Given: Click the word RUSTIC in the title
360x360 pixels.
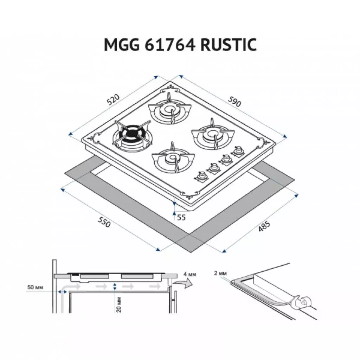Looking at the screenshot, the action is pos(229,45).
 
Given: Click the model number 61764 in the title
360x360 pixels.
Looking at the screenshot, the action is pos(170,45).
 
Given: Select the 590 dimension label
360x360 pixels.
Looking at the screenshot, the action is pos(234,101).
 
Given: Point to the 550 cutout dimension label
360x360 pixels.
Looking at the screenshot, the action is pos(104,222).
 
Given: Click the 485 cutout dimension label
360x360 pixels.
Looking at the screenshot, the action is pos(264,226).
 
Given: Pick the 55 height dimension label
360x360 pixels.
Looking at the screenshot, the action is pos(181,217).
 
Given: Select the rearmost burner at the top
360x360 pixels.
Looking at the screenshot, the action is pos(170,110).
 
